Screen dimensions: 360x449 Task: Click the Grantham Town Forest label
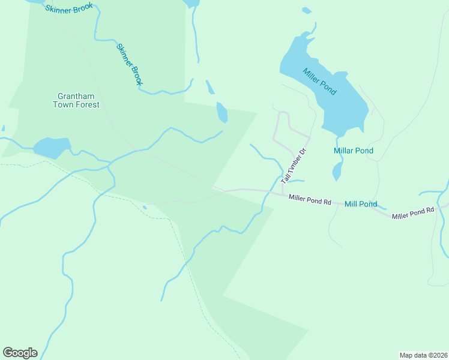(78, 100)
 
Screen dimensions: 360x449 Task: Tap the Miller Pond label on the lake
(320, 81)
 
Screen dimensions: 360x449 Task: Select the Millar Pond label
(354, 151)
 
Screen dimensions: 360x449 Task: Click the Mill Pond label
(361, 204)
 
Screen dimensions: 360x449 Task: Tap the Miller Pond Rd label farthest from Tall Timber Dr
(412, 213)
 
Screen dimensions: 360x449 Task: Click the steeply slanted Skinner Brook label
(129, 64)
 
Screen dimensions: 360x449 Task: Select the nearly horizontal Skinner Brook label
(69, 9)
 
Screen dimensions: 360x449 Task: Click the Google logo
(20, 353)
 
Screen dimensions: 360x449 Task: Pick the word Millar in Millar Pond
(343, 151)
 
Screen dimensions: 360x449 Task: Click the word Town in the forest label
(65, 104)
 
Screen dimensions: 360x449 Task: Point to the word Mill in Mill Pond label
(351, 204)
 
